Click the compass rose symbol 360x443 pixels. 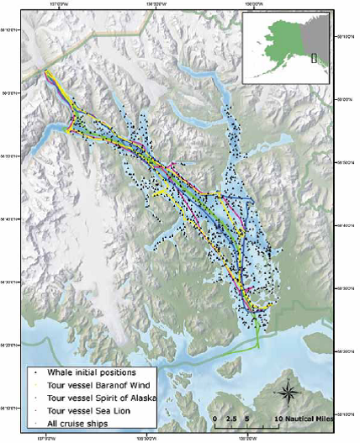289,391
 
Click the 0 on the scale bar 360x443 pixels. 215,417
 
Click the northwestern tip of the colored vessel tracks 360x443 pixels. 46,72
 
